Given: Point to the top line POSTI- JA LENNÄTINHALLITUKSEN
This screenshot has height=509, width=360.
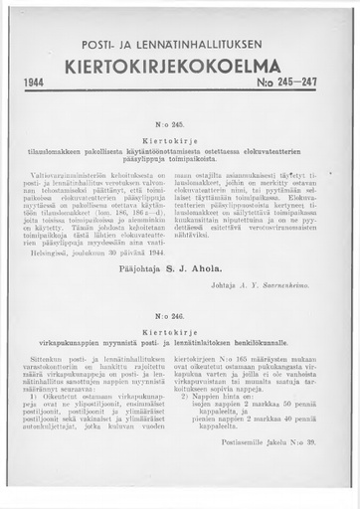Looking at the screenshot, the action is pos(180,46).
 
